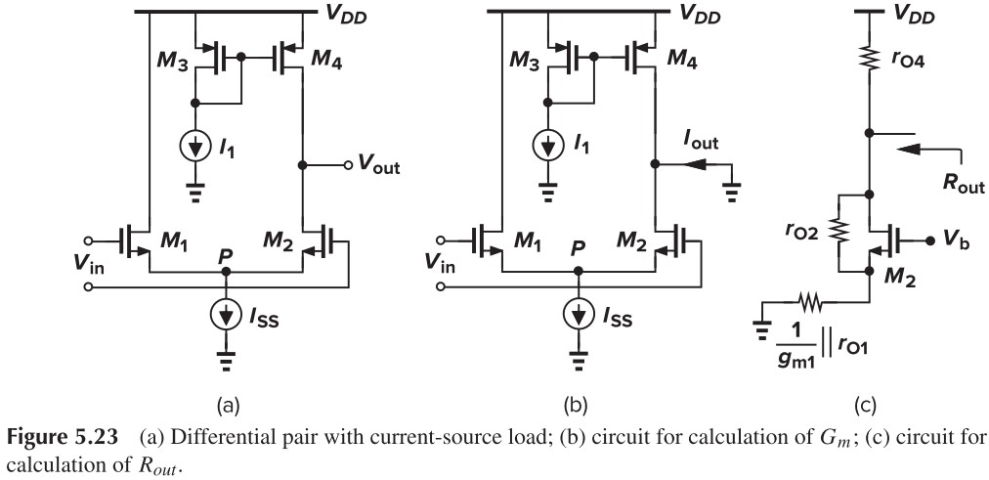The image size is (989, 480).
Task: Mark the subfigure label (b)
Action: click(x=580, y=399)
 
